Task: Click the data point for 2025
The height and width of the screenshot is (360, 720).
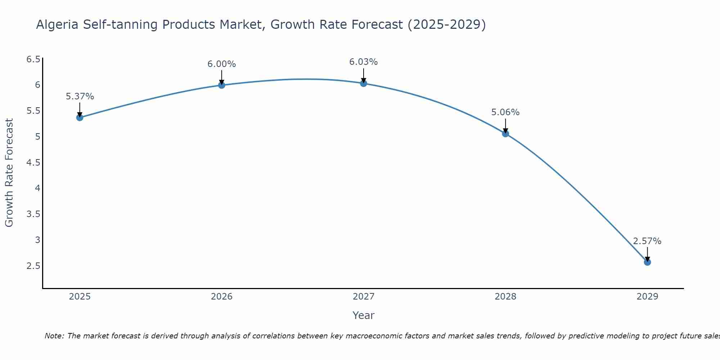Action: pos(80,117)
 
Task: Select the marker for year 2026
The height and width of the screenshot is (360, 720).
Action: pos(222,85)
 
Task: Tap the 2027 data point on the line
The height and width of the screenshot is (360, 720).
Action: pos(364,84)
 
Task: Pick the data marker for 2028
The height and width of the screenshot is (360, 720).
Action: pos(505,134)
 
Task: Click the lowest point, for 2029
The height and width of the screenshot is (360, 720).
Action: pos(647,262)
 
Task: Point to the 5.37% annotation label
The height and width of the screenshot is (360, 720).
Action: pos(80,96)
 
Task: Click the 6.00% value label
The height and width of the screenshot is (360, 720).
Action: pos(222,64)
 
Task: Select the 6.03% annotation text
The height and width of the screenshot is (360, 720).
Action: pos(364,62)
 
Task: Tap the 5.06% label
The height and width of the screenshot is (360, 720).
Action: pos(505,112)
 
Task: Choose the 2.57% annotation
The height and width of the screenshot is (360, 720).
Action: pos(647,241)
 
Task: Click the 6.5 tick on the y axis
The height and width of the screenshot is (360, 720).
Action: pos(33,59)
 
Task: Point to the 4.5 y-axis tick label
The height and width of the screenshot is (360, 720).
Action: pos(33,163)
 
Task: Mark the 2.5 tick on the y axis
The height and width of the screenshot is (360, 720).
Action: pos(33,266)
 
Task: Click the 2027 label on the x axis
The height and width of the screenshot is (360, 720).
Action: pos(364,297)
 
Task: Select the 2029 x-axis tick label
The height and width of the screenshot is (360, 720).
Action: pos(647,297)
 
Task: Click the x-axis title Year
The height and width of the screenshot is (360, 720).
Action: pos(364,315)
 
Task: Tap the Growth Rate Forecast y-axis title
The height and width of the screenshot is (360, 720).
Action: pos(9,173)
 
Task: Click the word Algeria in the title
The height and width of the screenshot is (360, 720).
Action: pos(58,24)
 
